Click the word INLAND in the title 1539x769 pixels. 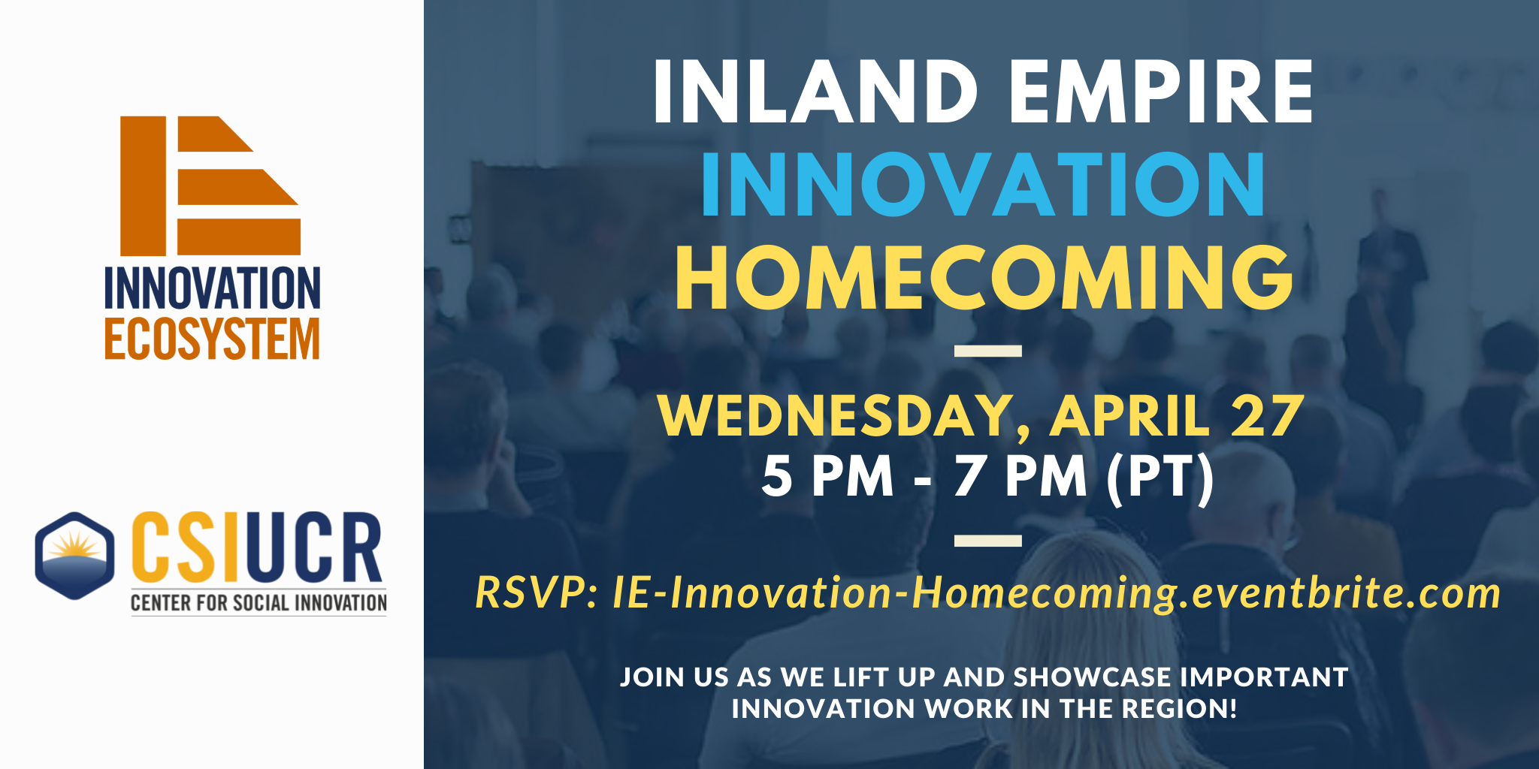[816, 92]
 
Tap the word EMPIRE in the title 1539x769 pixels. [1161, 92]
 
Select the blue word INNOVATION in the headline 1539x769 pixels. [984, 184]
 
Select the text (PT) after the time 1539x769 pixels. [1160, 477]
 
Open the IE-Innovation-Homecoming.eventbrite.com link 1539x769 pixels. [1056, 593]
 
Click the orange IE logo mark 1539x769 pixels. [210, 185]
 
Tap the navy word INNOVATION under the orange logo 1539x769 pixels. [213, 288]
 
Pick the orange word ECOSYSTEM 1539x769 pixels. [213, 339]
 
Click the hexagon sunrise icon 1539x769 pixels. [74, 556]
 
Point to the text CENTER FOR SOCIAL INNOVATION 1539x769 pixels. [259, 603]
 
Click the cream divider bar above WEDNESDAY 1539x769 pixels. [987, 351]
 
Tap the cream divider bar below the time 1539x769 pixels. [987, 541]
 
